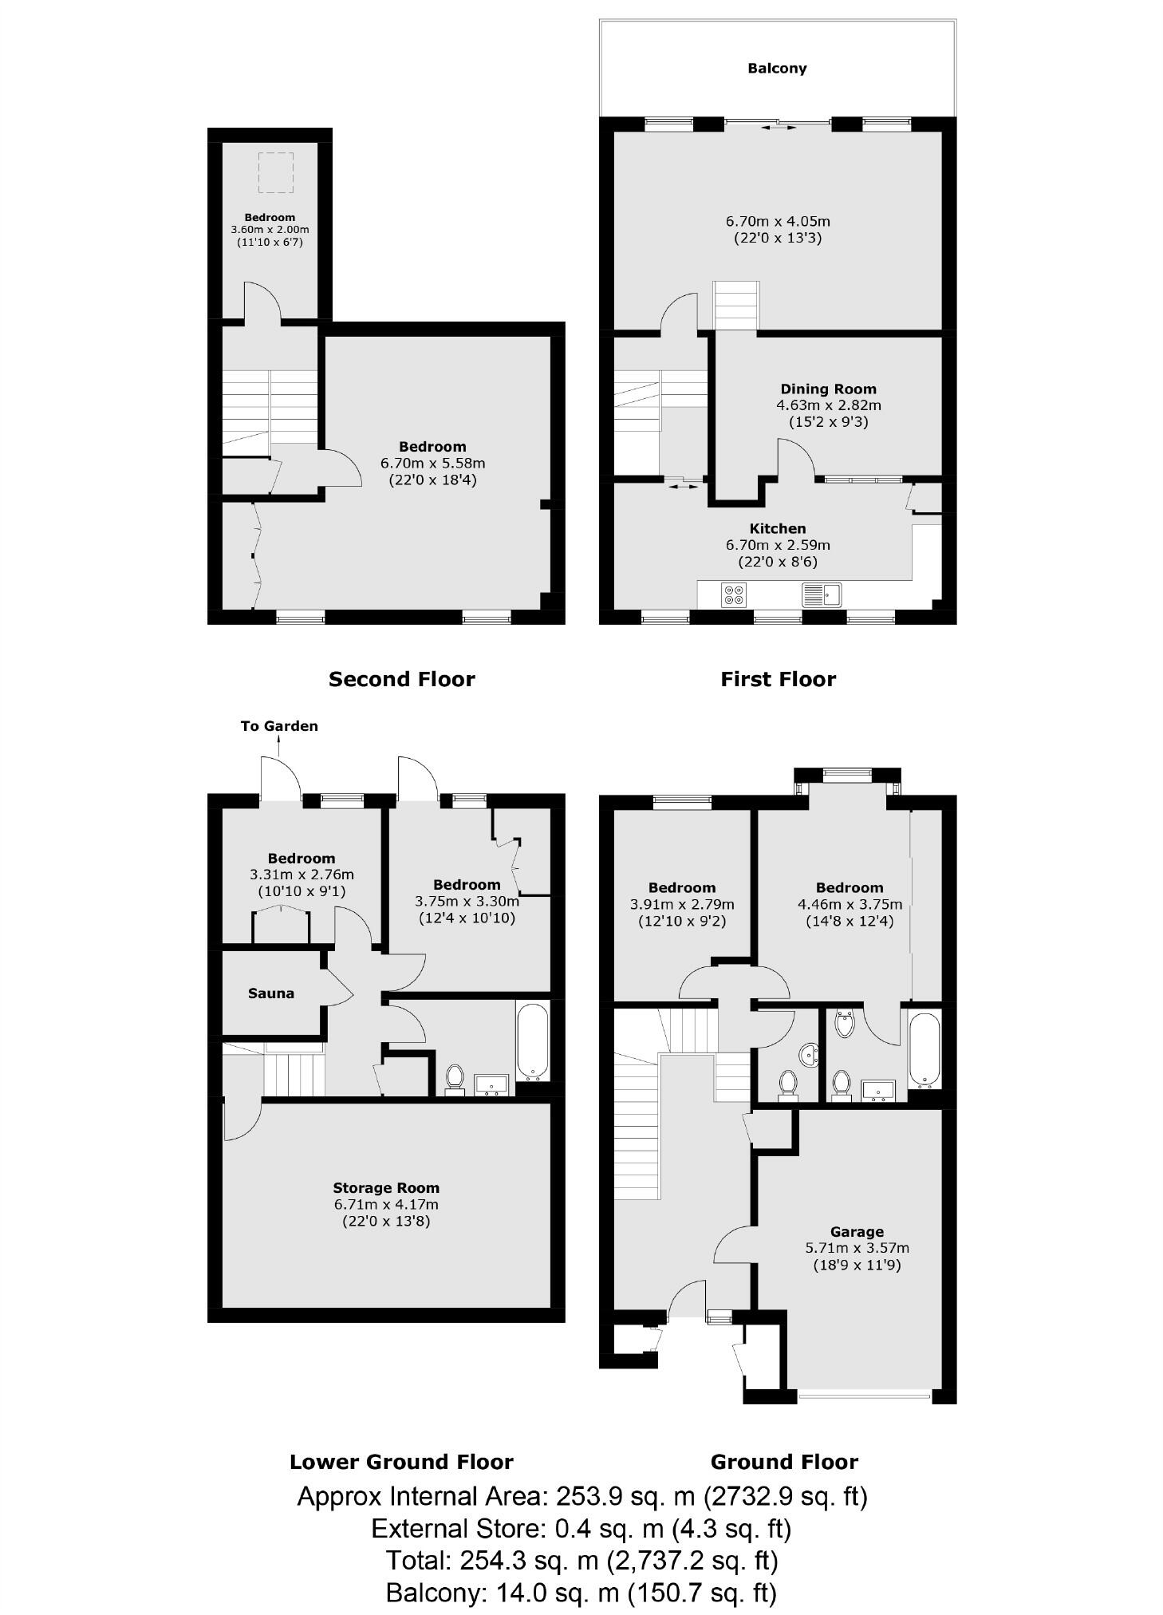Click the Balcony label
[x=776, y=69]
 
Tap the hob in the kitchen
[x=734, y=594]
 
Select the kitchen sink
[x=821, y=594]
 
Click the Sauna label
[x=271, y=993]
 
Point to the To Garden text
[x=279, y=726]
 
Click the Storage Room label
[x=386, y=1187]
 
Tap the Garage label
[x=857, y=1231]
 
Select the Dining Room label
[x=828, y=389]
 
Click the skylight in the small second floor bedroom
[x=275, y=173]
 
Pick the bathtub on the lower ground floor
[x=532, y=1040]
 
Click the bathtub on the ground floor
[x=924, y=1049]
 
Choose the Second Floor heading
[x=401, y=679]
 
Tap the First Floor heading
[x=778, y=679]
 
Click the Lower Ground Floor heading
[x=401, y=1462]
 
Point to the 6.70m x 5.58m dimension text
[x=432, y=463]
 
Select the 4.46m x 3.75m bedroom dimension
[x=850, y=904]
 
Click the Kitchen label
[x=778, y=528]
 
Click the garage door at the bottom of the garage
[x=864, y=1396]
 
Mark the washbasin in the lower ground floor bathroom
[x=491, y=1084]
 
